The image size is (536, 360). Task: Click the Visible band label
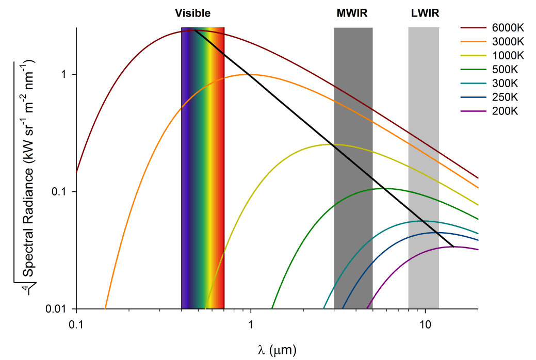[x=192, y=13]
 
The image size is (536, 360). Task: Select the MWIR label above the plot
[x=352, y=13]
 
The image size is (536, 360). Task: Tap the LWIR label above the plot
[x=425, y=13]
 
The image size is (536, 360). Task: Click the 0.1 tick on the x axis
[x=76, y=325]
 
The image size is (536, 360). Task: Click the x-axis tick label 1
[x=251, y=325]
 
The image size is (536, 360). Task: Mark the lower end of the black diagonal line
[x=453, y=247]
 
